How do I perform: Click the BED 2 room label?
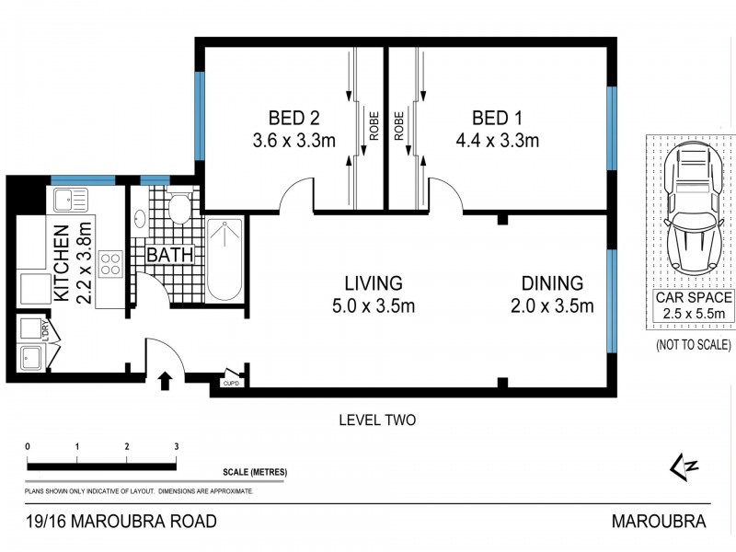click(x=293, y=118)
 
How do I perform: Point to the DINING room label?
click(x=552, y=283)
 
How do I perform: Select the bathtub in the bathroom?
click(x=224, y=259)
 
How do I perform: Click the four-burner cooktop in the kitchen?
click(x=111, y=264)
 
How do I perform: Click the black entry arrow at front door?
click(x=166, y=378)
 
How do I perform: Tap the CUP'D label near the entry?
click(x=230, y=382)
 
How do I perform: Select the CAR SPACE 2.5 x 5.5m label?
click(x=694, y=306)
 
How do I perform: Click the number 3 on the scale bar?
click(x=175, y=446)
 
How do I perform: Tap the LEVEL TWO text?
click(x=377, y=420)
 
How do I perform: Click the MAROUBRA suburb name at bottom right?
click(x=659, y=522)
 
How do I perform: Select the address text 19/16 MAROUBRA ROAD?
click(x=122, y=522)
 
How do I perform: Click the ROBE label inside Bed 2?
click(x=374, y=126)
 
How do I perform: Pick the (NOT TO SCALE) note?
click(x=694, y=345)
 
